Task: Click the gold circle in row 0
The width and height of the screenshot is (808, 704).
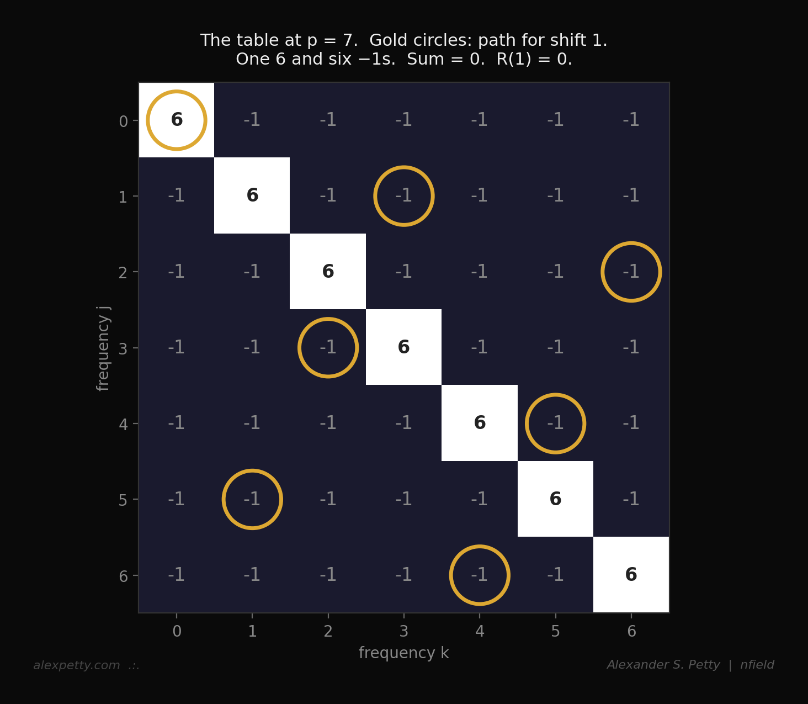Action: (177, 120)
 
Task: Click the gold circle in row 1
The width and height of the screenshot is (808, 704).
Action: (404, 196)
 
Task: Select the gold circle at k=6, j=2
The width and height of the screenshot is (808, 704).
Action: (631, 272)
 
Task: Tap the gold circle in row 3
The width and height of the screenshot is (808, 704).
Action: (328, 348)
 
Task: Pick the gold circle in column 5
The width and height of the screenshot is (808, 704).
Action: (555, 424)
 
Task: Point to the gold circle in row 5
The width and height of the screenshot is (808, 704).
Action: (252, 500)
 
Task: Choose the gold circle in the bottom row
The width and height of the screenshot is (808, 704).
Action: (480, 575)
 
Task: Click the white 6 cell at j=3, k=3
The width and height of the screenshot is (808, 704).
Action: (404, 348)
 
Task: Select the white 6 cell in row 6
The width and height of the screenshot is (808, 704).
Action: (631, 575)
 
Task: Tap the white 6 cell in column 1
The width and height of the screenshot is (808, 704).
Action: (252, 196)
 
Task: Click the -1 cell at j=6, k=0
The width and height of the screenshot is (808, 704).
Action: (177, 575)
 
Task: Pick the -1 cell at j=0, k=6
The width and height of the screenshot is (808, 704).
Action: (631, 120)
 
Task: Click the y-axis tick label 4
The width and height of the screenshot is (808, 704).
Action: (123, 424)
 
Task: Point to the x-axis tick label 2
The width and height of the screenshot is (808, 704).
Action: (328, 632)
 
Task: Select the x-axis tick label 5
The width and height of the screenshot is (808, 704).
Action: (555, 632)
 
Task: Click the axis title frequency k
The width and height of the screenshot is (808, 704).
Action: (404, 653)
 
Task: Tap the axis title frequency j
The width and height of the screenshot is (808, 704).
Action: (104, 348)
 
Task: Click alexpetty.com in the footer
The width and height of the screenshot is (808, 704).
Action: (77, 665)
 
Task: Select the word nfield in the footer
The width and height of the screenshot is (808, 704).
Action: (757, 665)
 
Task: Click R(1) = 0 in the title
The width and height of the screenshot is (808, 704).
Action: (533, 59)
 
